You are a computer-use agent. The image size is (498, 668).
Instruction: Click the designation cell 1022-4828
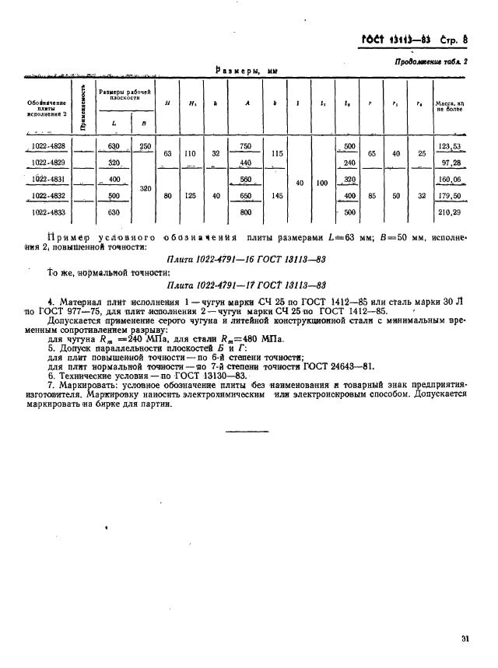tap(48, 146)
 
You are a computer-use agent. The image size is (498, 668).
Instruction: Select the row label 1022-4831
tap(48, 179)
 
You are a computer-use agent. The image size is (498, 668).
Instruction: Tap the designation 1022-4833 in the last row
tap(48, 212)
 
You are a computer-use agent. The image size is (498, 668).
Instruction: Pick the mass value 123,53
tap(450, 146)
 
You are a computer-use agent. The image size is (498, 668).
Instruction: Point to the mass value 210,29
tap(450, 212)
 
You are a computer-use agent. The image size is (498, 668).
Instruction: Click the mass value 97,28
tap(450, 163)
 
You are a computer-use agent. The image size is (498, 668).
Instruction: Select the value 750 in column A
tap(246, 146)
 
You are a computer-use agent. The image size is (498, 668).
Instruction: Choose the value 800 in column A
tap(246, 212)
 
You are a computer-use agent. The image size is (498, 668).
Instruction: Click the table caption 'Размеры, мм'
tap(246, 70)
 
